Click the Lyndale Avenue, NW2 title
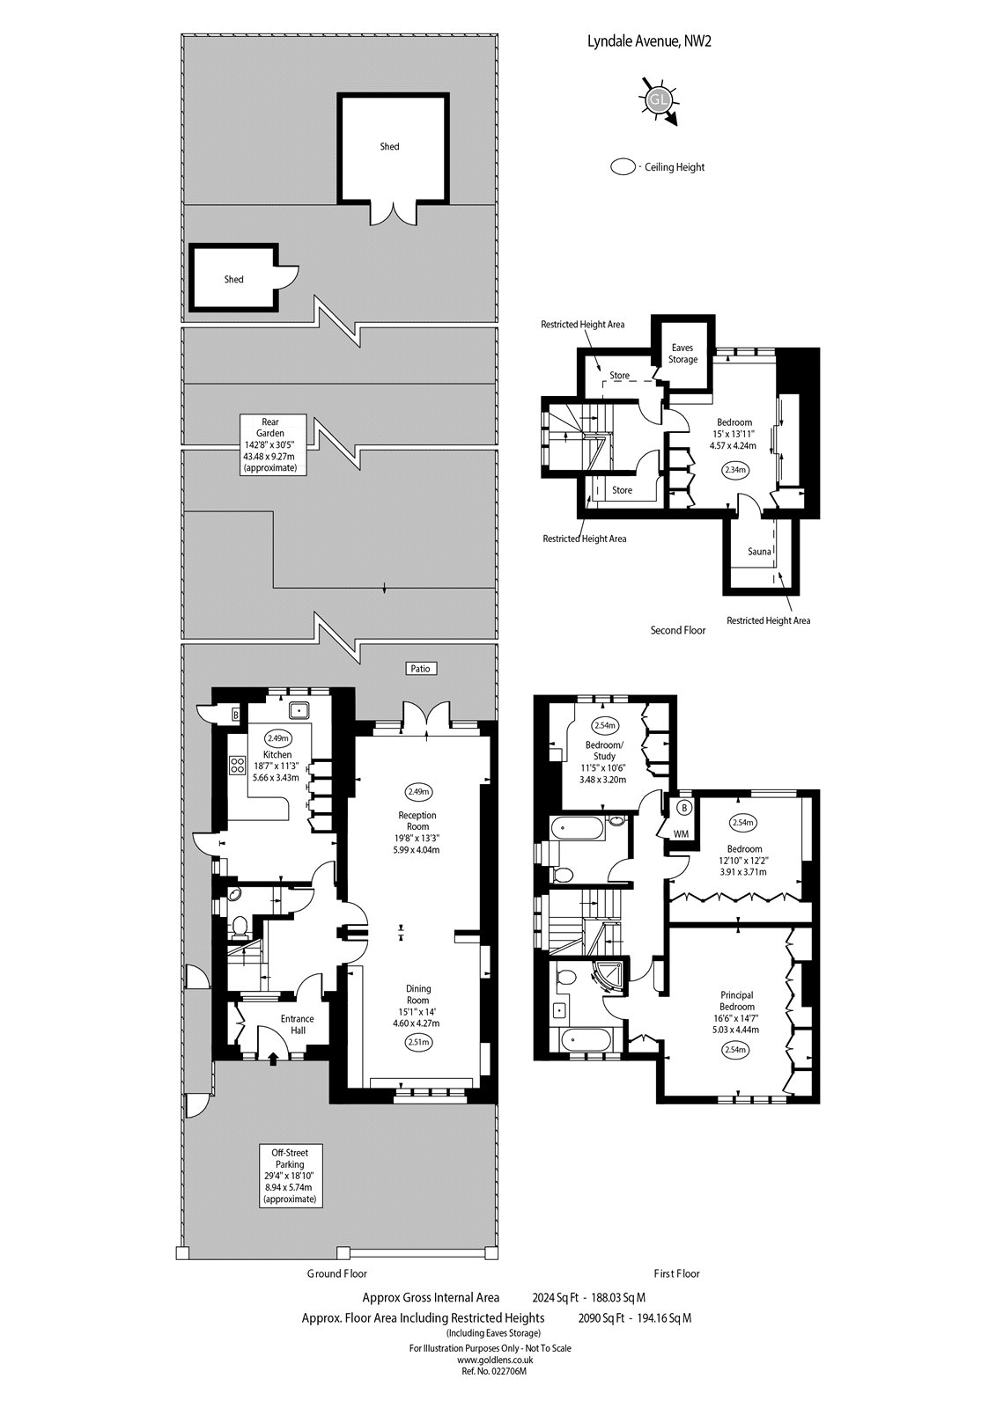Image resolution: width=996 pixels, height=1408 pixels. point(649,41)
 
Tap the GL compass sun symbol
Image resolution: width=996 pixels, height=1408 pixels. point(659,100)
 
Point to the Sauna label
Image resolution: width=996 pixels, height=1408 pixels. point(759,552)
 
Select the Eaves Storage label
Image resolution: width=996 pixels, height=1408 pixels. point(682,353)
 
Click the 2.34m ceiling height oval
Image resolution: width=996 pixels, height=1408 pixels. point(734,470)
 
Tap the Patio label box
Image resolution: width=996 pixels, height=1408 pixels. point(420,668)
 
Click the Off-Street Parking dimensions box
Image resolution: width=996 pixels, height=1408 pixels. point(291,1176)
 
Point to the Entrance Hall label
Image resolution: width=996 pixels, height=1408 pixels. point(298,1024)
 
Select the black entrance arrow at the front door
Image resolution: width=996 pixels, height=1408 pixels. point(272,1060)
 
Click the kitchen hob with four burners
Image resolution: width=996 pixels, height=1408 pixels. point(238,765)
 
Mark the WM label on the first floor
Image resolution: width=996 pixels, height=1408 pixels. point(681,833)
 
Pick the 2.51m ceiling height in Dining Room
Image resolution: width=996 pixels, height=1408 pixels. point(418,1042)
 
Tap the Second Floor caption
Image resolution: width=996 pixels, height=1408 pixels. point(677,630)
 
